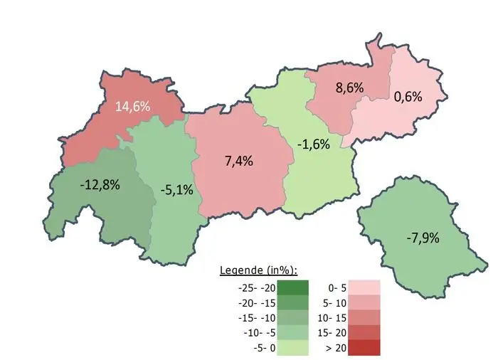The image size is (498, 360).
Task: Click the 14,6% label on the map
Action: (133, 107)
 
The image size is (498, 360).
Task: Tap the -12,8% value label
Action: (100, 184)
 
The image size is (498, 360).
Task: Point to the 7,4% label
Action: (239, 161)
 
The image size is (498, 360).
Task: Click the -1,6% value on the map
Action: (313, 144)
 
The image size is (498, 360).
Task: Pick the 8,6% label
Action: (349, 88)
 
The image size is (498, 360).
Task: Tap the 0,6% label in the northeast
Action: (408, 96)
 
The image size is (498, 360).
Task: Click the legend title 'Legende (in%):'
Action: (258, 270)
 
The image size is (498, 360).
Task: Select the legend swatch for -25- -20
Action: (292, 287)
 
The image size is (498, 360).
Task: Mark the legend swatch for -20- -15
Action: (292, 302)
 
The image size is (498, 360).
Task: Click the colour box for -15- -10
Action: (292, 317)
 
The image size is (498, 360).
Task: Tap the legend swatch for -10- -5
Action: (292, 332)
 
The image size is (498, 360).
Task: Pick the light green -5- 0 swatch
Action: (292, 347)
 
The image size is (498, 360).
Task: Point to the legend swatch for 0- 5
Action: (364, 287)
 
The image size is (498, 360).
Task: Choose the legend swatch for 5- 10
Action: (364, 302)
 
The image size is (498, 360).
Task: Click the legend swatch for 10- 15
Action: (364, 317)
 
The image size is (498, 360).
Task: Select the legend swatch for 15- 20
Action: (364, 332)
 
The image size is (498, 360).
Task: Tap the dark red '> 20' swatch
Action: (364, 347)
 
